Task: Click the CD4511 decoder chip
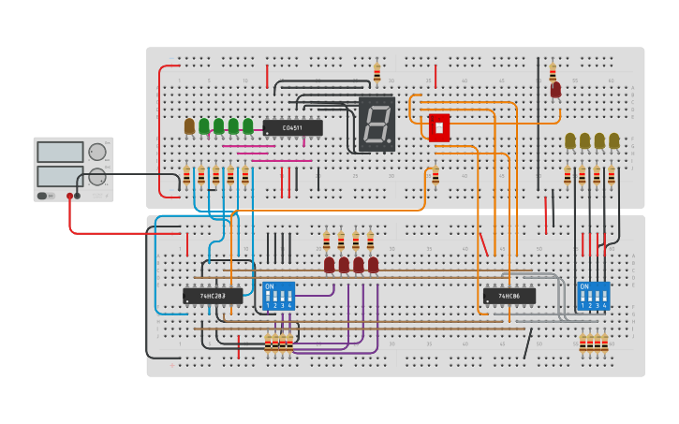tap(292, 128)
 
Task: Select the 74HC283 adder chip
tap(213, 296)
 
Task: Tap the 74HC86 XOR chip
tap(509, 296)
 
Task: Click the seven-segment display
tap(376, 124)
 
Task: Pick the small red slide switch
tap(438, 127)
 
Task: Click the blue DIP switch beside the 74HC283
tap(278, 296)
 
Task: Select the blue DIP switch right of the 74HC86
tap(593, 296)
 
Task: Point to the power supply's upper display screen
tap(60, 152)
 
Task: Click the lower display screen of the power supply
tap(60, 176)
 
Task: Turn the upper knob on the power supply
tap(97, 152)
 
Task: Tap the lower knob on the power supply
tap(97, 177)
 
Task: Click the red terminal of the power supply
tap(69, 196)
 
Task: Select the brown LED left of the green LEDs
tap(189, 125)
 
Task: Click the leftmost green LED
tap(204, 125)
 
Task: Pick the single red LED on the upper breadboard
tap(555, 90)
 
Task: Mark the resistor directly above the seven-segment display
tap(377, 73)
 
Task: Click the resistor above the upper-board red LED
tap(553, 71)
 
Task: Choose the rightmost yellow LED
tap(614, 140)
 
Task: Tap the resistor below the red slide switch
tap(435, 176)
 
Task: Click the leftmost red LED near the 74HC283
tap(329, 265)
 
